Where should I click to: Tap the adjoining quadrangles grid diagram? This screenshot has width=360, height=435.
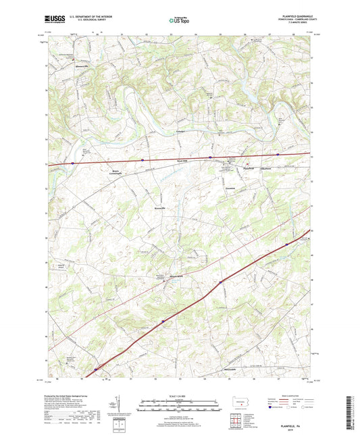tap(236, 423)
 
